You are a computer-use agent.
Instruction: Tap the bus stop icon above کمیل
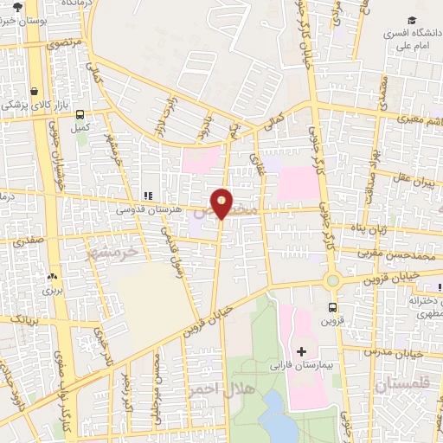(x=80, y=114)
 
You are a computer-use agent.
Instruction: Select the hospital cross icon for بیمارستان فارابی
(x=301, y=350)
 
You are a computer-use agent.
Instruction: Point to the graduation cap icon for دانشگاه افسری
(x=412, y=20)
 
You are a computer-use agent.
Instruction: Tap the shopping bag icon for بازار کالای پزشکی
(x=33, y=90)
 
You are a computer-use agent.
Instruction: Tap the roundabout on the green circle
(x=332, y=279)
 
